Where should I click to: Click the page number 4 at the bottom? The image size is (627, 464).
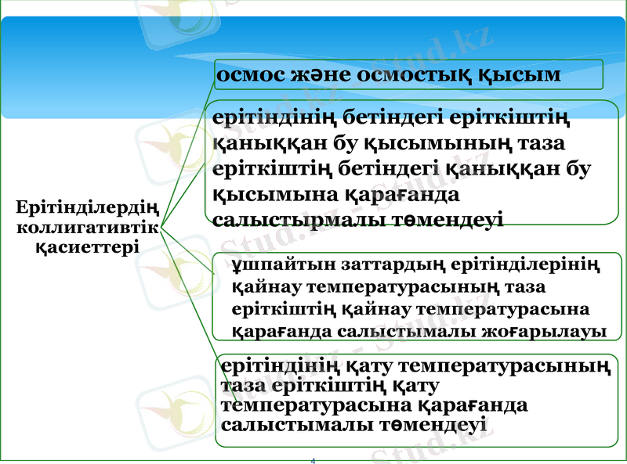pos(313,460)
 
